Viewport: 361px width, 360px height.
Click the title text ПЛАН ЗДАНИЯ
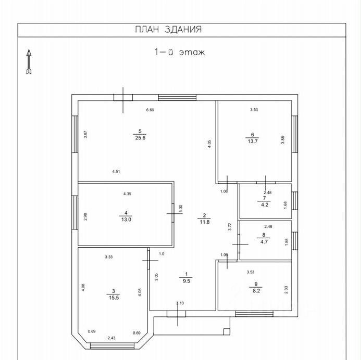pos(168,30)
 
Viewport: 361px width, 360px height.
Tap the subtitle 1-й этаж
pos(179,52)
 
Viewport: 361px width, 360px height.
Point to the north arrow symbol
pos(29,61)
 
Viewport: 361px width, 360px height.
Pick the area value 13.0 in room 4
pos(126,219)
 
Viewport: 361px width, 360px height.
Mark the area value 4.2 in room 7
pos(265,205)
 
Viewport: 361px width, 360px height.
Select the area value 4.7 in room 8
pos(265,241)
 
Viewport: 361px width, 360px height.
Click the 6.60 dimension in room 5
pos(151,110)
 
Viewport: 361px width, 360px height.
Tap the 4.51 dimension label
pos(117,172)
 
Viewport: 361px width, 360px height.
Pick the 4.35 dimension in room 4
pos(127,194)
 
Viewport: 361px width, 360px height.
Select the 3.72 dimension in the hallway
pos(230,227)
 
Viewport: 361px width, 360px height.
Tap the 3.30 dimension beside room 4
pos(180,209)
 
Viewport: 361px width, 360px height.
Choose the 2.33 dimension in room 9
pos(286,289)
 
